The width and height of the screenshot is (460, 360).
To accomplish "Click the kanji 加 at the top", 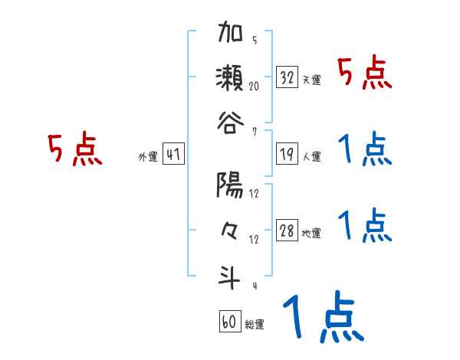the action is [x=231, y=34].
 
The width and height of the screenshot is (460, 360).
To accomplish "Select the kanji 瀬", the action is [x=231, y=77].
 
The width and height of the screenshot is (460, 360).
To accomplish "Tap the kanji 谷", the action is [x=231, y=119].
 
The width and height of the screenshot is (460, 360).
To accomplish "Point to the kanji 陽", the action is [x=231, y=186].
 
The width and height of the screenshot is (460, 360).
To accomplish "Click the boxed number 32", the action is [x=287, y=77].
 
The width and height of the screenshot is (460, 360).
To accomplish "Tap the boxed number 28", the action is [x=287, y=231].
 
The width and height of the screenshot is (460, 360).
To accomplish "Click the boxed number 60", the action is [x=229, y=321].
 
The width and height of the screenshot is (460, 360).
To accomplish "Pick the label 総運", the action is [x=255, y=323].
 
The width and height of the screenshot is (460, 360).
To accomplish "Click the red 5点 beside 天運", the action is [x=365, y=74].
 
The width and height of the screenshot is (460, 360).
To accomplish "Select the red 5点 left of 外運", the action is [x=74, y=150].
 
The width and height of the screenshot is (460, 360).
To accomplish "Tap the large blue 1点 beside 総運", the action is [x=323, y=317].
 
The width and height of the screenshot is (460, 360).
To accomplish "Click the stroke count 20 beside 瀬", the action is [x=254, y=87].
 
